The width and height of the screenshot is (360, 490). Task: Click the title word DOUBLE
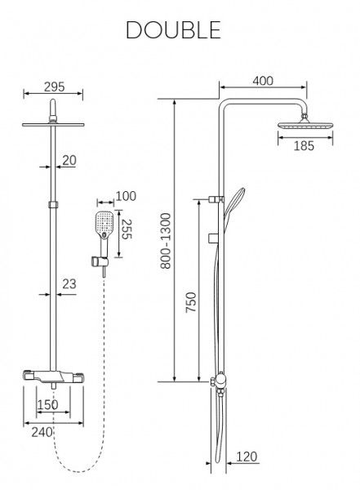(173, 30)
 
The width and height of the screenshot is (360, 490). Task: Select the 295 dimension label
(54, 87)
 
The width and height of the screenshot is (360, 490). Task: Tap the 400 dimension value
(263, 81)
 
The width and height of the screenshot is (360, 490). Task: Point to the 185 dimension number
(304, 145)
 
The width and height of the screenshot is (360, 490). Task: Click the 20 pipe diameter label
(69, 160)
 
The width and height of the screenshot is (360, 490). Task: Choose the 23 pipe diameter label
(69, 283)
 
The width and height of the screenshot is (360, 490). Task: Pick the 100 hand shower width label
(126, 196)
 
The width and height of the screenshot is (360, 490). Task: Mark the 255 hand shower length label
(127, 229)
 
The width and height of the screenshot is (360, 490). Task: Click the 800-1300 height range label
(166, 241)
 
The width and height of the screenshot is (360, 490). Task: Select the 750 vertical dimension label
(191, 302)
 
